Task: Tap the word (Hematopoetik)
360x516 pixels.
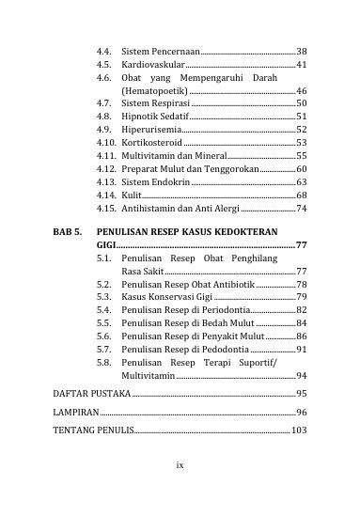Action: coord(155,90)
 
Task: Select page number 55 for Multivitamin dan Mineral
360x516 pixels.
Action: coord(301,155)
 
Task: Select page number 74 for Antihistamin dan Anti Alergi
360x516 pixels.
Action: coord(301,208)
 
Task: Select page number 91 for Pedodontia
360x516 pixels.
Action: coord(301,349)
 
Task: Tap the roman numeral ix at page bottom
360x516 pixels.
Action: coord(180,464)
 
